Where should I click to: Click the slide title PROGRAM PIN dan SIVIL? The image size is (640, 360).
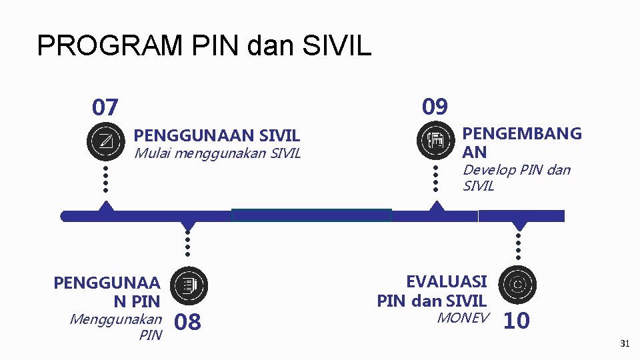click(x=204, y=46)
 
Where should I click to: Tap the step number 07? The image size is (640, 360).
click(x=105, y=107)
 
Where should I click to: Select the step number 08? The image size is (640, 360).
click(x=187, y=323)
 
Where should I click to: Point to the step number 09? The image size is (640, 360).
click(x=435, y=107)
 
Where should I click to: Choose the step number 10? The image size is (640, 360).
click(x=517, y=321)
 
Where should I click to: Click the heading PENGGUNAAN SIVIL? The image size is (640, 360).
click(x=217, y=136)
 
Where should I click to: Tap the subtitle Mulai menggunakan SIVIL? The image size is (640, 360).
click(x=217, y=153)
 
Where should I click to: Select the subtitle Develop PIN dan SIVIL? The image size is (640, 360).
click(x=516, y=178)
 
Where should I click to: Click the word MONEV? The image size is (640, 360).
click(x=463, y=318)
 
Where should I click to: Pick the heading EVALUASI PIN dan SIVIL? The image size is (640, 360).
click(x=432, y=291)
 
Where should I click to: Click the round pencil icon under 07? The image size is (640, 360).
click(x=105, y=141)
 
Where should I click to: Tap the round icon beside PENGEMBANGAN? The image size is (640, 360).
click(x=435, y=141)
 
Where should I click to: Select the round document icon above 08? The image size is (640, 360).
click(x=189, y=285)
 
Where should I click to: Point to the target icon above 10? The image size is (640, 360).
click(x=517, y=285)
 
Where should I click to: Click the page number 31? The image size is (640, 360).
click(x=625, y=344)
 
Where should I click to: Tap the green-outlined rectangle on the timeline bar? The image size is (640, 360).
click(x=311, y=215)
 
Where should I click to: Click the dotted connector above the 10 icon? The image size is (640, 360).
click(x=518, y=246)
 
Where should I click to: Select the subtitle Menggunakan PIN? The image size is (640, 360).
click(x=115, y=327)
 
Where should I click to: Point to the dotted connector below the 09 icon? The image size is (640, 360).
click(x=435, y=179)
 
